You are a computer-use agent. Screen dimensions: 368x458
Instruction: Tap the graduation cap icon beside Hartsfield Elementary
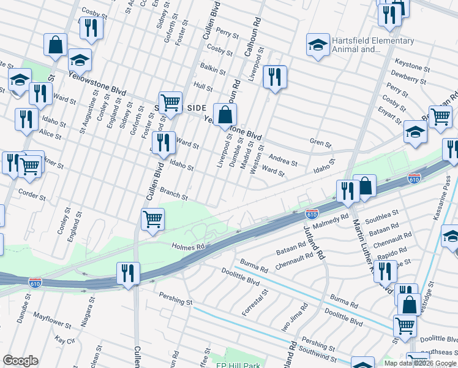point(318,45)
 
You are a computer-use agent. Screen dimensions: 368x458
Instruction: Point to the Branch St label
point(174,194)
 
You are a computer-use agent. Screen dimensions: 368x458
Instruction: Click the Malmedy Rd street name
point(333,217)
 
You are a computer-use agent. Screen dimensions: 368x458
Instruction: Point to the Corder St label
point(32,195)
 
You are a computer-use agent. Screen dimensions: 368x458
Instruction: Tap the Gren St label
point(320,144)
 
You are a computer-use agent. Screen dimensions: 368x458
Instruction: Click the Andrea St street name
point(283,160)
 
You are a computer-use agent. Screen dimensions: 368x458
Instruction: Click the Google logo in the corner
point(20,361)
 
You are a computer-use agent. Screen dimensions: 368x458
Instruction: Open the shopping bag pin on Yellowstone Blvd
point(225,114)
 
